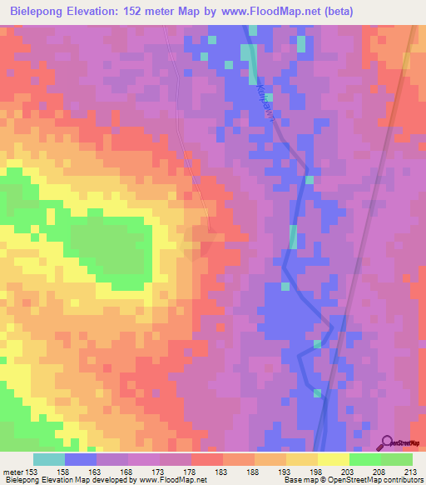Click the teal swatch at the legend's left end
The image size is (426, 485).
pyautogui.click(x=48, y=459)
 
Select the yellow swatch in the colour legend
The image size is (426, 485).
pyautogui.click(x=333, y=459)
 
